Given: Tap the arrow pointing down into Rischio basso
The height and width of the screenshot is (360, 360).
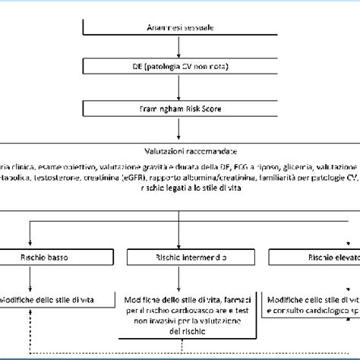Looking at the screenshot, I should pos(29,234).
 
